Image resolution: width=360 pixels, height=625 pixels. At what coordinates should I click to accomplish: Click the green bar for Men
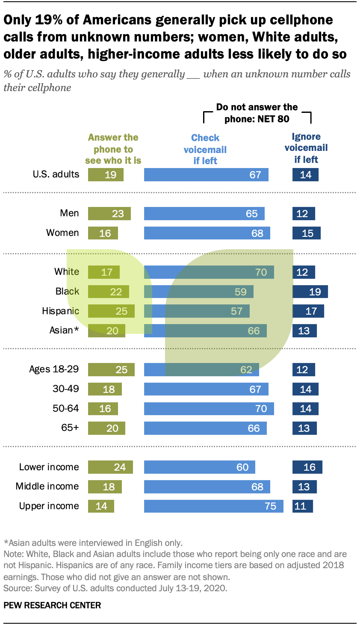point(109,213)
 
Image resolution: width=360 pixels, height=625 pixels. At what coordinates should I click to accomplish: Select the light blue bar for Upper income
point(213,506)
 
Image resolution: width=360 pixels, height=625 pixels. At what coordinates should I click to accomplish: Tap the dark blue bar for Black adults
point(310,292)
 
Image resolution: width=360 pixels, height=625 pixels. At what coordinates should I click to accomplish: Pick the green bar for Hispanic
point(111,311)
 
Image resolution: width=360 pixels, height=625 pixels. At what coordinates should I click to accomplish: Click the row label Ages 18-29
point(54,369)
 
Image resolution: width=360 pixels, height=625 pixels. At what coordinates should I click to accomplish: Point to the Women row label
point(62,233)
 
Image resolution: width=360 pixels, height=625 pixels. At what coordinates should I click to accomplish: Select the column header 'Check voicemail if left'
point(205,149)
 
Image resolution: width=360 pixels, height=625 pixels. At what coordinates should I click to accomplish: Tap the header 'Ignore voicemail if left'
point(306,148)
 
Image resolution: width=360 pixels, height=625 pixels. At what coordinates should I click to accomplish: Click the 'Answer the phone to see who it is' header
point(113,149)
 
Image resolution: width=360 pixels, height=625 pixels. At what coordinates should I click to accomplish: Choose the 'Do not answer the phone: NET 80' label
point(257,113)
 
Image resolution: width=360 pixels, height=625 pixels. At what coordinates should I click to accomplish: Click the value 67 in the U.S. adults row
point(255,174)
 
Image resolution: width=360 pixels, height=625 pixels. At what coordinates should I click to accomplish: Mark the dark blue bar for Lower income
point(307,467)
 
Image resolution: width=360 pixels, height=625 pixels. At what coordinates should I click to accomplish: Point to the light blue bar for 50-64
point(209,408)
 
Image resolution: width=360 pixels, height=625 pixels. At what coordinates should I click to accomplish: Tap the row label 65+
point(70,427)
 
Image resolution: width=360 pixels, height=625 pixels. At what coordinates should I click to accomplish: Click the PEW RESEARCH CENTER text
point(52,605)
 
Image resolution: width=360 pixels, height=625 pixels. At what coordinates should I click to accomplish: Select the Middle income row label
point(47,486)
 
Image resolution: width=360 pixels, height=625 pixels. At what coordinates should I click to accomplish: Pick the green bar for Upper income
point(101,506)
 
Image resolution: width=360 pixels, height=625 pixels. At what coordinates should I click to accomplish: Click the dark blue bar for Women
point(306,233)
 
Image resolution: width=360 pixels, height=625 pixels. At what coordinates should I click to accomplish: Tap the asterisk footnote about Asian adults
point(93,543)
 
